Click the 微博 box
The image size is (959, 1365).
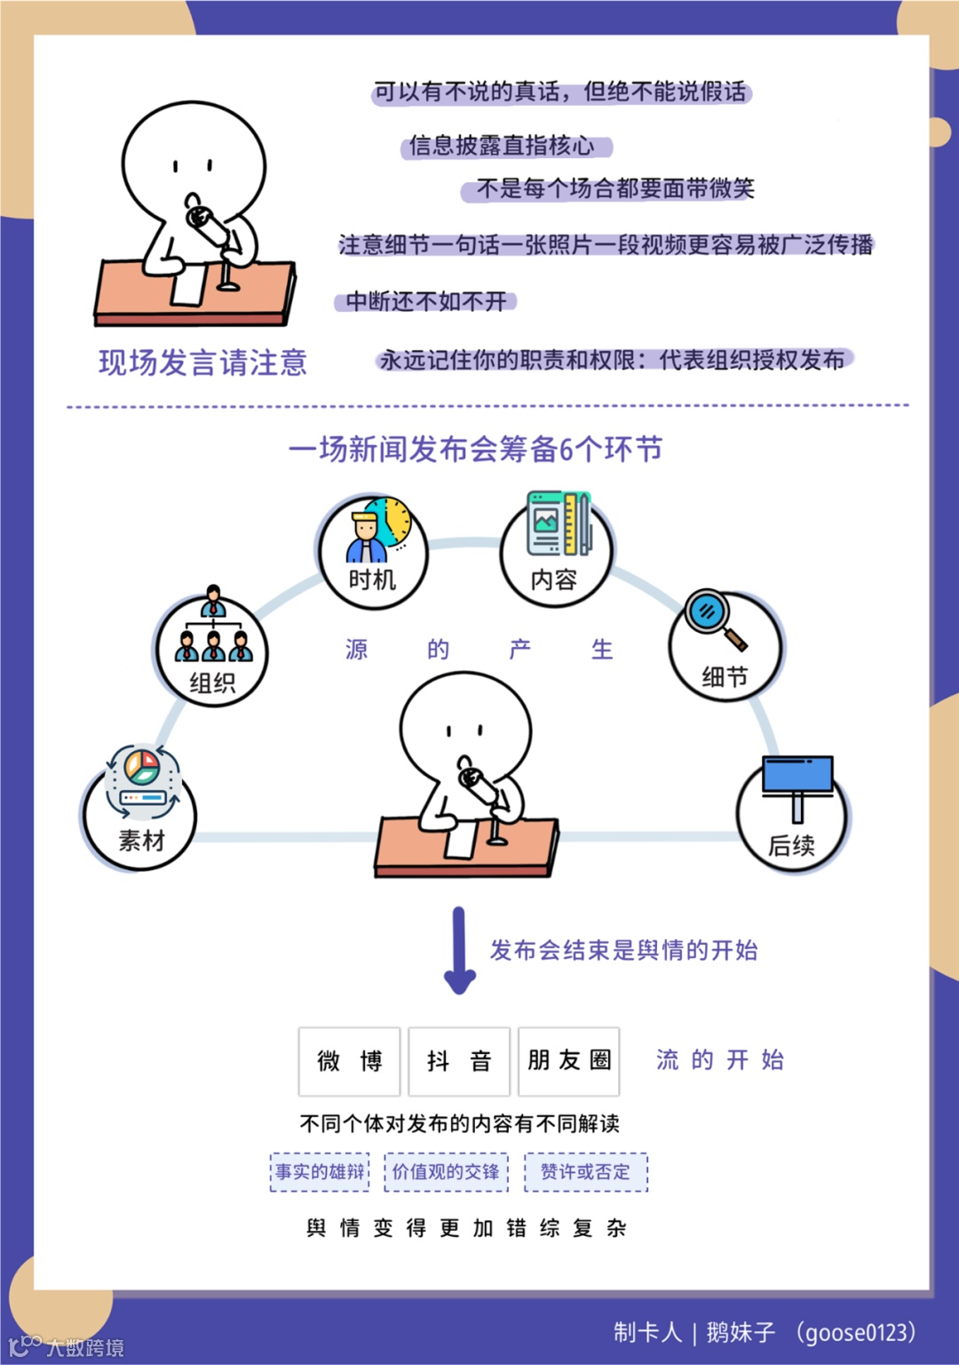click(x=349, y=1061)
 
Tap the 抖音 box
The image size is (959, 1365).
click(x=459, y=1061)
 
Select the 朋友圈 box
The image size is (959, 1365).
click(x=569, y=1061)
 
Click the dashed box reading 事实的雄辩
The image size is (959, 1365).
click(x=320, y=1172)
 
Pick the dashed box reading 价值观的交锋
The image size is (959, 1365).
click(x=446, y=1172)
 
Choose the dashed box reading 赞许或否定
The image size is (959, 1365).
click(x=586, y=1172)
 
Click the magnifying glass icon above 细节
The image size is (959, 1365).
click(x=713, y=618)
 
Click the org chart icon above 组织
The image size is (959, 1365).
click(x=213, y=629)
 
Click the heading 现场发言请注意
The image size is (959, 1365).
click(x=202, y=363)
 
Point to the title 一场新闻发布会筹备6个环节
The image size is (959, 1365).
click(x=476, y=450)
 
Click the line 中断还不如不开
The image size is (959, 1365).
click(x=426, y=302)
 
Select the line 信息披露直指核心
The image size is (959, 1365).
click(x=502, y=146)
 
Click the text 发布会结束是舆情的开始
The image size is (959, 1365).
click(x=623, y=951)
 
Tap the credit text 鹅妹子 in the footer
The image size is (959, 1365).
click(x=741, y=1332)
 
